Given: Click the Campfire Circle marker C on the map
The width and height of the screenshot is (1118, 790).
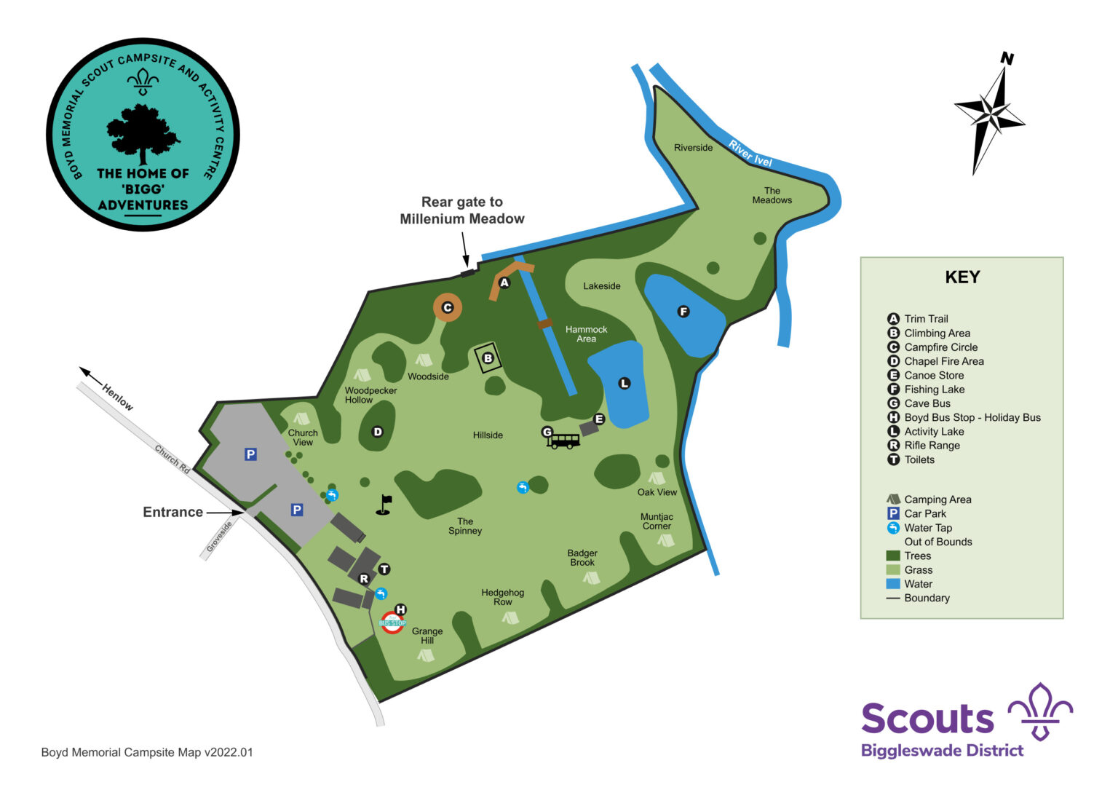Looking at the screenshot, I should (x=448, y=308).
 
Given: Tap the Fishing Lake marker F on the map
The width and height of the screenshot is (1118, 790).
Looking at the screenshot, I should (x=683, y=312).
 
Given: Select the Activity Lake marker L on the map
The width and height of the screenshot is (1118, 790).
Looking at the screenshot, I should (x=624, y=383).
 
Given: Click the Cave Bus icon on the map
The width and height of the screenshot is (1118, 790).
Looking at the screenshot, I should (x=563, y=441).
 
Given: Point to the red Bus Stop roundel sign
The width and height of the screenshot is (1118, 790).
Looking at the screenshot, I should (x=392, y=623).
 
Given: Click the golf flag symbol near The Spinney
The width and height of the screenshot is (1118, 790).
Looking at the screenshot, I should (x=384, y=505).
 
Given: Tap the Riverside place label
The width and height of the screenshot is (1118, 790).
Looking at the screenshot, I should (x=693, y=148).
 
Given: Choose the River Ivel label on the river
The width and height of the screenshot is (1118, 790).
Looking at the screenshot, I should (x=750, y=154).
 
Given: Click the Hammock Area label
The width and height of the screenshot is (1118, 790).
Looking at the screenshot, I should (x=586, y=334).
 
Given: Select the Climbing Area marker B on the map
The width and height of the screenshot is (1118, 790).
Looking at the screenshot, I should (x=488, y=358).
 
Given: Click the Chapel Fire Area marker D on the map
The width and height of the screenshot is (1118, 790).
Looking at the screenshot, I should (x=377, y=432).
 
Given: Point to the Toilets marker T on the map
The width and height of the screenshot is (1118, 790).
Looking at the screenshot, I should (x=384, y=569).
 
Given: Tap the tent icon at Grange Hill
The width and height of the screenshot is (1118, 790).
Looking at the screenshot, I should (x=426, y=655).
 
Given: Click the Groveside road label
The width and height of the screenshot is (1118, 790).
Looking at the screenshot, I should (x=219, y=537).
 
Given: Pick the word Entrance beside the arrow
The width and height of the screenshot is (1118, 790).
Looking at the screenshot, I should (x=173, y=512).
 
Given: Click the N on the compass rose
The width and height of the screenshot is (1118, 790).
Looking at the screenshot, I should (x=1007, y=58).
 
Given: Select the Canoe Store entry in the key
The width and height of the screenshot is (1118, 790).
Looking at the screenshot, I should (x=934, y=376).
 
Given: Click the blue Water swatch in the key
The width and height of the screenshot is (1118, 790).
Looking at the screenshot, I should (x=893, y=584).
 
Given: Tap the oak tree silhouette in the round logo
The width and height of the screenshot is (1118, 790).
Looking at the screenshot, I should (x=143, y=133).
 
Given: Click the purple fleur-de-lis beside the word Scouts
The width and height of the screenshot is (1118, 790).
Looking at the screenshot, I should (x=1040, y=711).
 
